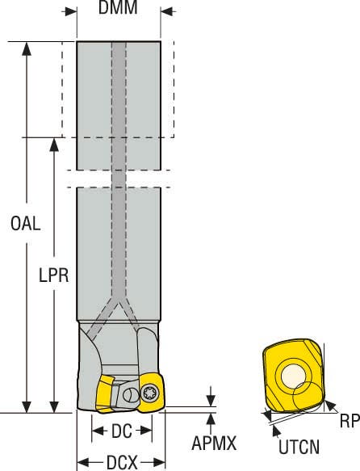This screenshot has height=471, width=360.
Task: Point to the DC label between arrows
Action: (x=121, y=431)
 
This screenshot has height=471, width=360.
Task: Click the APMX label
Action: (x=214, y=443)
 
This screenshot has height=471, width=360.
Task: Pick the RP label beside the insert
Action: (x=347, y=421)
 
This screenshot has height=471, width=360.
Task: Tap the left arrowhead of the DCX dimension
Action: (x=82, y=462)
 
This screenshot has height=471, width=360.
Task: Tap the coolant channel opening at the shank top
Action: (x=119, y=44)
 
